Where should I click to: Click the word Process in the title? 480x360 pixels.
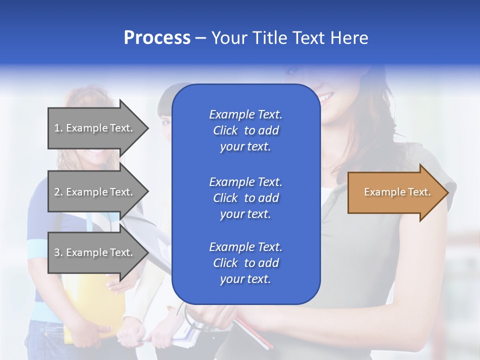pyautogui.click(x=157, y=38)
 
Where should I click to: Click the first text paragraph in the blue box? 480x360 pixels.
pyautogui.click(x=245, y=130)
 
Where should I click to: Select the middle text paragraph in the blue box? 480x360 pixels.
pyautogui.click(x=245, y=198)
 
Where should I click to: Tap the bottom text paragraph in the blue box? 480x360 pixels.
pyautogui.click(x=245, y=263)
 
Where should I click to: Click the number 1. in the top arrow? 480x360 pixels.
pyautogui.click(x=58, y=128)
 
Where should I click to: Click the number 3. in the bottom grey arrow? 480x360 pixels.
pyautogui.click(x=58, y=252)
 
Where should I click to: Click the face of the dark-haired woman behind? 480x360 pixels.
pyautogui.click(x=165, y=120)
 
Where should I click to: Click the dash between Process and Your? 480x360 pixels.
pyautogui.click(x=200, y=38)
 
